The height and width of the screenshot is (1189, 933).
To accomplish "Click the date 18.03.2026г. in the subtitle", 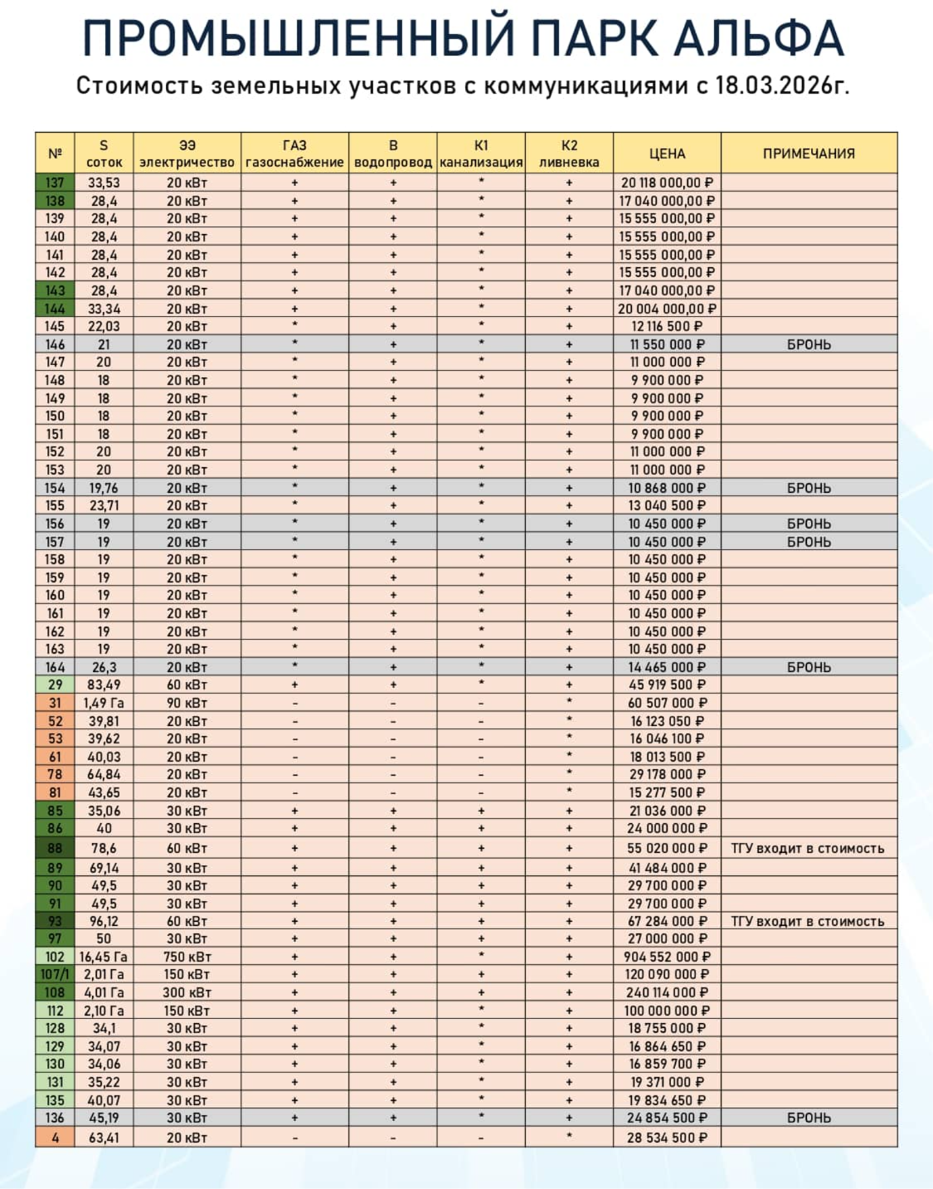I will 782,85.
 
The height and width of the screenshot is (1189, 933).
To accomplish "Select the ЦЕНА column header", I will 667,153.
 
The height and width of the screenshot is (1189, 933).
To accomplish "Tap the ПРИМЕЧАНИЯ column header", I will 809,153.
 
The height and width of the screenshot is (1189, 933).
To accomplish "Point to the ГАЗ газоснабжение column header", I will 294,153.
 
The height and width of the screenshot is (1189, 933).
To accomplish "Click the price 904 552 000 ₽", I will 667,957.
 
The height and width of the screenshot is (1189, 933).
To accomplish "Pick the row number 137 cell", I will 55,183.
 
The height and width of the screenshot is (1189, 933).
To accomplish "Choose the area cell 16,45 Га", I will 104,957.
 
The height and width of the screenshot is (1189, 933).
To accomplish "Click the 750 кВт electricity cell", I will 187,957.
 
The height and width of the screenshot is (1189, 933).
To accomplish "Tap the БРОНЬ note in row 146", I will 809,344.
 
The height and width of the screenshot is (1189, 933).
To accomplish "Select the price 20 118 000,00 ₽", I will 667,183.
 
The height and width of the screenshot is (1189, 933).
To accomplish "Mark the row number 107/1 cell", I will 55,975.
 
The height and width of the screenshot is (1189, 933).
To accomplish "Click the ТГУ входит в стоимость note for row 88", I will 808,849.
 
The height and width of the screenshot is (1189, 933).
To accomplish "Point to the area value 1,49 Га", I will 104,703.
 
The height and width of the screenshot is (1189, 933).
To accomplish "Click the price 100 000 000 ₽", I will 667,1011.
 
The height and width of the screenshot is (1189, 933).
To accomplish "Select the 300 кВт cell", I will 187,992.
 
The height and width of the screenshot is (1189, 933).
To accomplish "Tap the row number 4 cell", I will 55,1138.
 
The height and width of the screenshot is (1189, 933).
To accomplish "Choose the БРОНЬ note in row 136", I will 809,1118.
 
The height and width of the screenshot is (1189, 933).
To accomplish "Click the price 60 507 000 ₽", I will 667,703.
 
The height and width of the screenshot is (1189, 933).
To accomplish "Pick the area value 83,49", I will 104,685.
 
